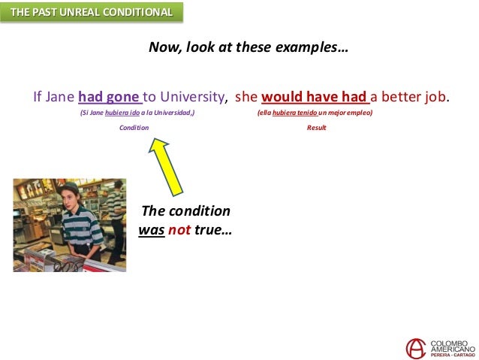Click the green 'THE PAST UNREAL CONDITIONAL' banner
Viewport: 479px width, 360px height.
tap(91, 13)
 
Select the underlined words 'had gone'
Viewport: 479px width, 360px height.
tap(110, 97)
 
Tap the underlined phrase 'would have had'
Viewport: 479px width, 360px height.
tap(315, 97)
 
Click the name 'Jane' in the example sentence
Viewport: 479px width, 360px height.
tap(59, 97)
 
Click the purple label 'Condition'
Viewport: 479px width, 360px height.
tap(134, 128)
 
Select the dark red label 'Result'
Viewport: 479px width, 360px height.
tap(316, 128)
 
